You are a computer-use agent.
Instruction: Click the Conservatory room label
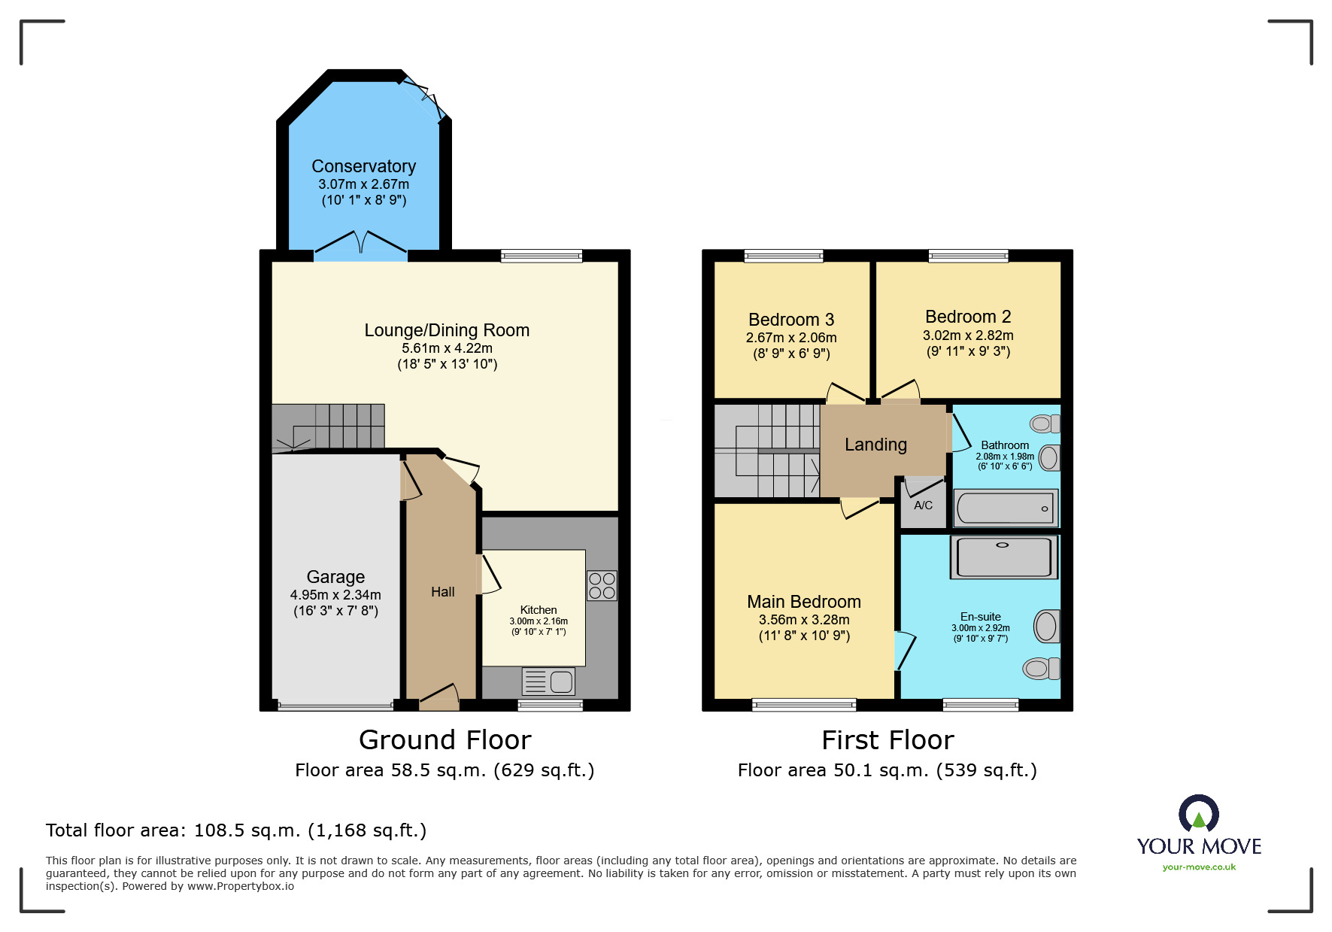click(363, 166)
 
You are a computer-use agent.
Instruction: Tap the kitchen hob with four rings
click(602, 585)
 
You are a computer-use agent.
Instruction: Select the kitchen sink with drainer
click(548, 682)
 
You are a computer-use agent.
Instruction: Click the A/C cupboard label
click(923, 505)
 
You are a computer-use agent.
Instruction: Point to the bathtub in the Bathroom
click(1006, 508)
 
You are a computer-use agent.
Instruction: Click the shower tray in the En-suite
click(1004, 557)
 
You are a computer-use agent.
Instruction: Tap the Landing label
click(875, 445)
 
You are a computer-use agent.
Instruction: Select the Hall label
click(443, 592)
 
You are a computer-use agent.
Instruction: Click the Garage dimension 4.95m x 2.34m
click(335, 595)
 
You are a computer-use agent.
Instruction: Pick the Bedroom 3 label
click(791, 320)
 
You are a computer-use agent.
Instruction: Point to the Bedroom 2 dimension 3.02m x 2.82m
click(968, 335)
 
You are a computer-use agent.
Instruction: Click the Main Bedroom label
click(804, 602)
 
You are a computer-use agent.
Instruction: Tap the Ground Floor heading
click(445, 740)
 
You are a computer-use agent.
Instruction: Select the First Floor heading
click(887, 740)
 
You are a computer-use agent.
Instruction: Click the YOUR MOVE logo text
click(1199, 846)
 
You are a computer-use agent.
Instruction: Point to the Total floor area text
click(236, 830)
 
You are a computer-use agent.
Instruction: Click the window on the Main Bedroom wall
click(804, 705)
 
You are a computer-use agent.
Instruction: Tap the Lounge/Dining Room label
click(447, 330)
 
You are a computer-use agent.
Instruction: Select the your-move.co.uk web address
click(1199, 867)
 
